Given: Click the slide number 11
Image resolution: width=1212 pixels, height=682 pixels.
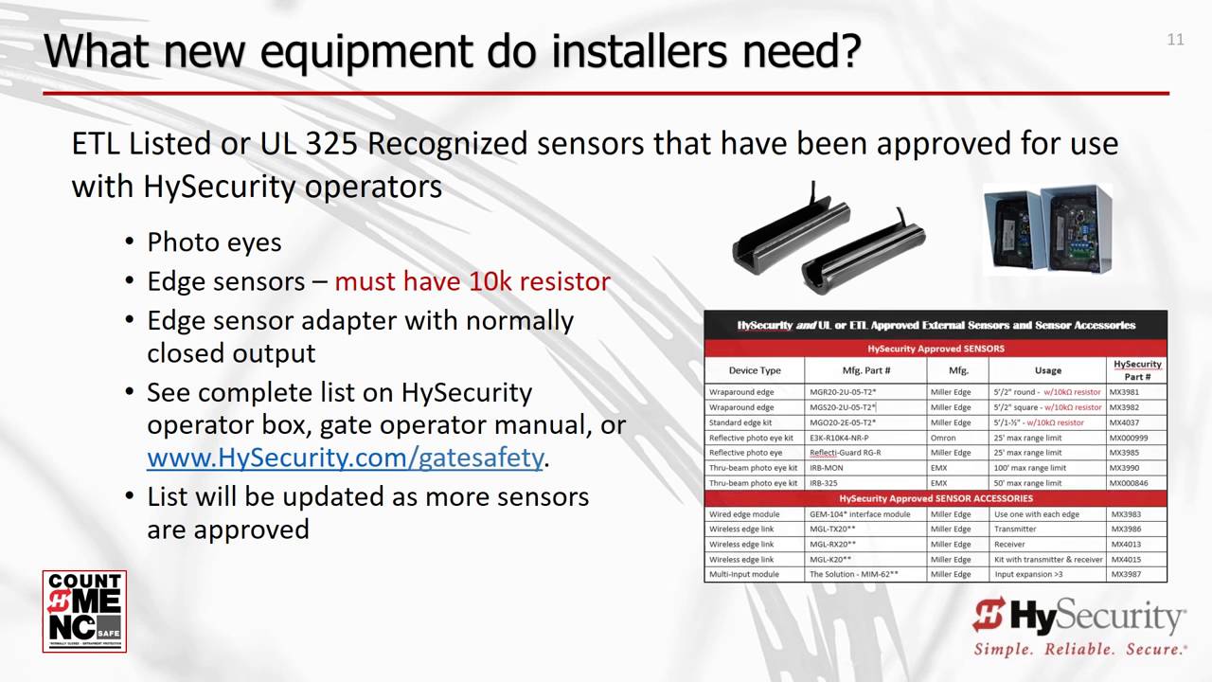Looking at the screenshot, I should click(x=1175, y=40).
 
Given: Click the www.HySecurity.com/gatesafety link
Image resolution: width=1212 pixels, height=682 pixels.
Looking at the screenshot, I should click(x=345, y=458).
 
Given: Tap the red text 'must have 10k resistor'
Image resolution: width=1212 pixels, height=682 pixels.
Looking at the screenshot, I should click(x=472, y=281).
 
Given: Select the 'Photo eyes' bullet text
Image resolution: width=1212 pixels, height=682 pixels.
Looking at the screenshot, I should click(x=214, y=242).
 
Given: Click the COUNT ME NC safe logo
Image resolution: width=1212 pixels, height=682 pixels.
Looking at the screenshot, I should click(x=84, y=611).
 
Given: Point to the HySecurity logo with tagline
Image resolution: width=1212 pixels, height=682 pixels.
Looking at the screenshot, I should click(x=1079, y=625).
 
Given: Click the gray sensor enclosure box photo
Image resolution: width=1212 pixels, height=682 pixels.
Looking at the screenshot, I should click(x=1046, y=229).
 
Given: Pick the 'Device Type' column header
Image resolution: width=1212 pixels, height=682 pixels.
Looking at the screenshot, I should click(x=755, y=370).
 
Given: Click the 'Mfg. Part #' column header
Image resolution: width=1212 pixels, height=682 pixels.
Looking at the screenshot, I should click(x=865, y=370).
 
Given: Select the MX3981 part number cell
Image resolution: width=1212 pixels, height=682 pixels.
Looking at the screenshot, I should click(x=1125, y=392).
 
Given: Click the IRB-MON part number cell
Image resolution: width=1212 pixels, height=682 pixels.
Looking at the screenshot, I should click(x=828, y=468).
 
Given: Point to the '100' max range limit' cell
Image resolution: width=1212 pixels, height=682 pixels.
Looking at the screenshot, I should click(x=1029, y=468).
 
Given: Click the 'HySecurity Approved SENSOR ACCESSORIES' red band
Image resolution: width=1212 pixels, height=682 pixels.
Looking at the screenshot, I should click(x=936, y=498).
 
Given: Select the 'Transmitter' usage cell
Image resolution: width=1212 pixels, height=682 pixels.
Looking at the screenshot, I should click(x=1015, y=529).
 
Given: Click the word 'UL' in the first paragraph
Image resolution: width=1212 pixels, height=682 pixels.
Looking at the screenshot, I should click(x=279, y=144).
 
